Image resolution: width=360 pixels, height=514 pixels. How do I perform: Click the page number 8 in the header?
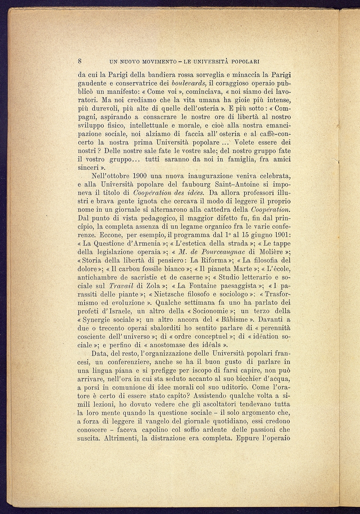coord(80,61)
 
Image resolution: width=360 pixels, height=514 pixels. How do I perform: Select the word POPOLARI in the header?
coord(245,61)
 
